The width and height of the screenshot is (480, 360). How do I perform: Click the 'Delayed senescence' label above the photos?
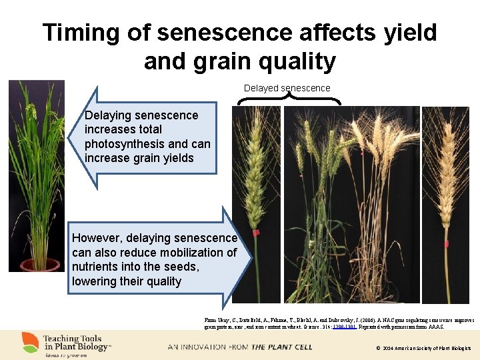click(x=287, y=88)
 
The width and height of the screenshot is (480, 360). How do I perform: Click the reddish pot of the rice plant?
click(x=40, y=265)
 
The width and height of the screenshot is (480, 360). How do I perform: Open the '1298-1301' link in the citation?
click(x=353, y=327)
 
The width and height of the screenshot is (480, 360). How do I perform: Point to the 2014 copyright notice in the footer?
click(x=423, y=348)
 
